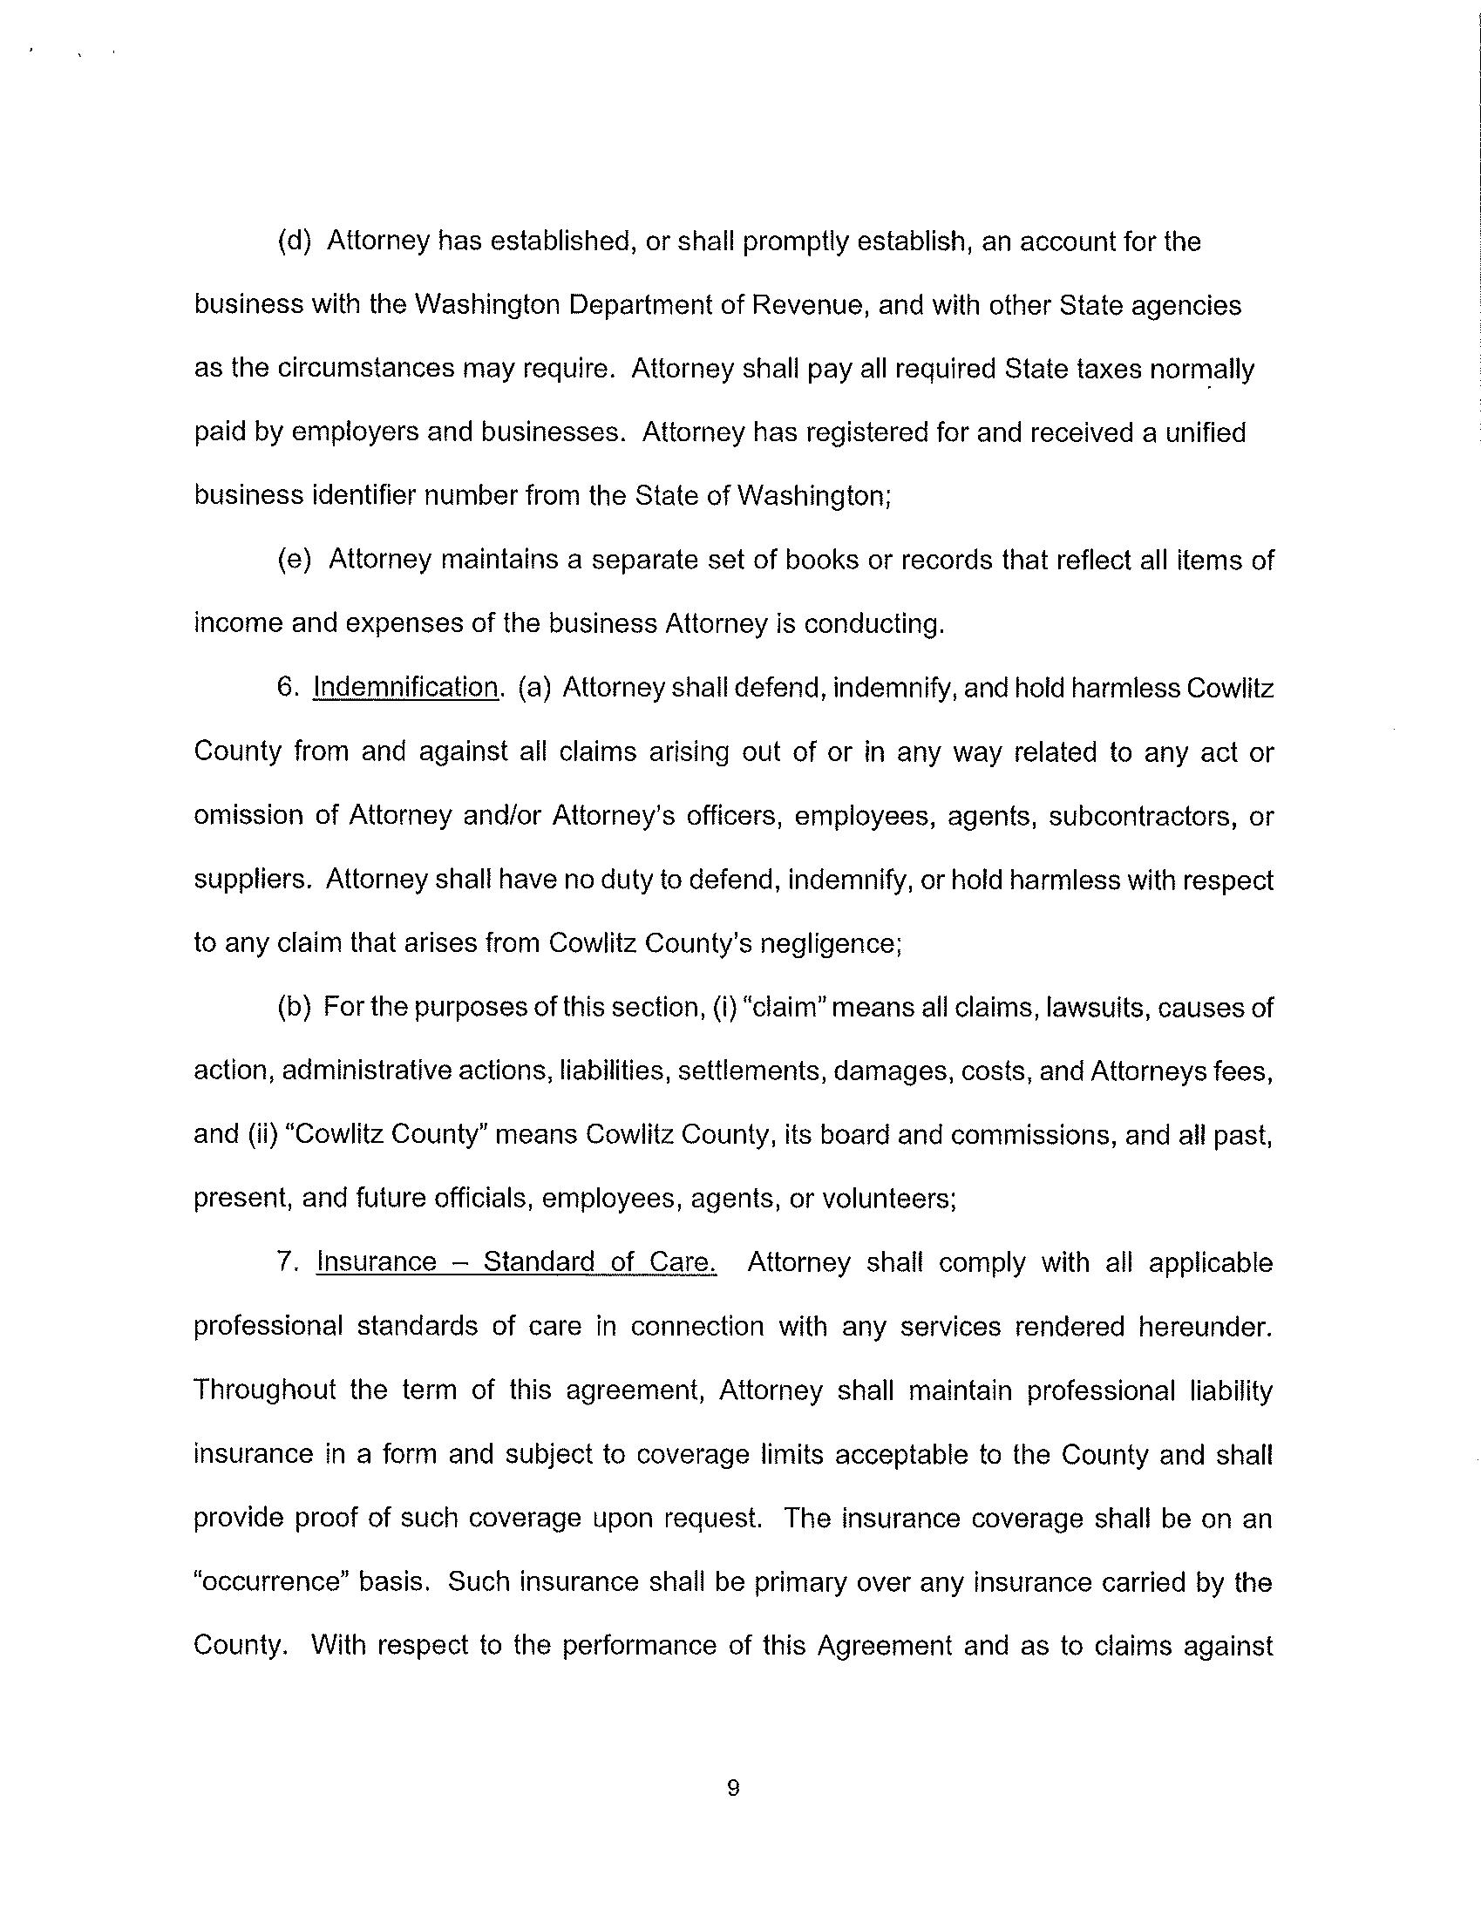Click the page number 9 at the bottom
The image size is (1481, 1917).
tap(734, 1788)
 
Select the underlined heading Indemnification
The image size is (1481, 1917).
tap(404, 687)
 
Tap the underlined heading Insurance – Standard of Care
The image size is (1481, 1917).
tap(516, 1262)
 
